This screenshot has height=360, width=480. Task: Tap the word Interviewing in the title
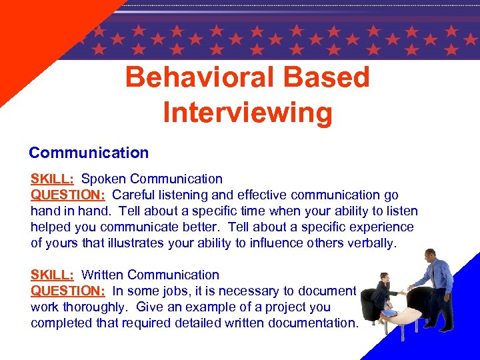[x=247, y=113]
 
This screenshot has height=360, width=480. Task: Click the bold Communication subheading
[x=89, y=153]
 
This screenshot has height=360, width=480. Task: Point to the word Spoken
[x=104, y=179]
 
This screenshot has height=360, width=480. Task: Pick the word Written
[x=103, y=275]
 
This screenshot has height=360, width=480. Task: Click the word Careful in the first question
[x=133, y=195]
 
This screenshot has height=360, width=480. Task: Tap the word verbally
[x=371, y=243]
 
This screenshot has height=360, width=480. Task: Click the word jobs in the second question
[x=179, y=291]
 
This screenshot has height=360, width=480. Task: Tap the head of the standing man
[x=429, y=256]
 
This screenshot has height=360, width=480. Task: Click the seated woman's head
[x=384, y=277]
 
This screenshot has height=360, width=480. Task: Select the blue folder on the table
[x=389, y=313]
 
